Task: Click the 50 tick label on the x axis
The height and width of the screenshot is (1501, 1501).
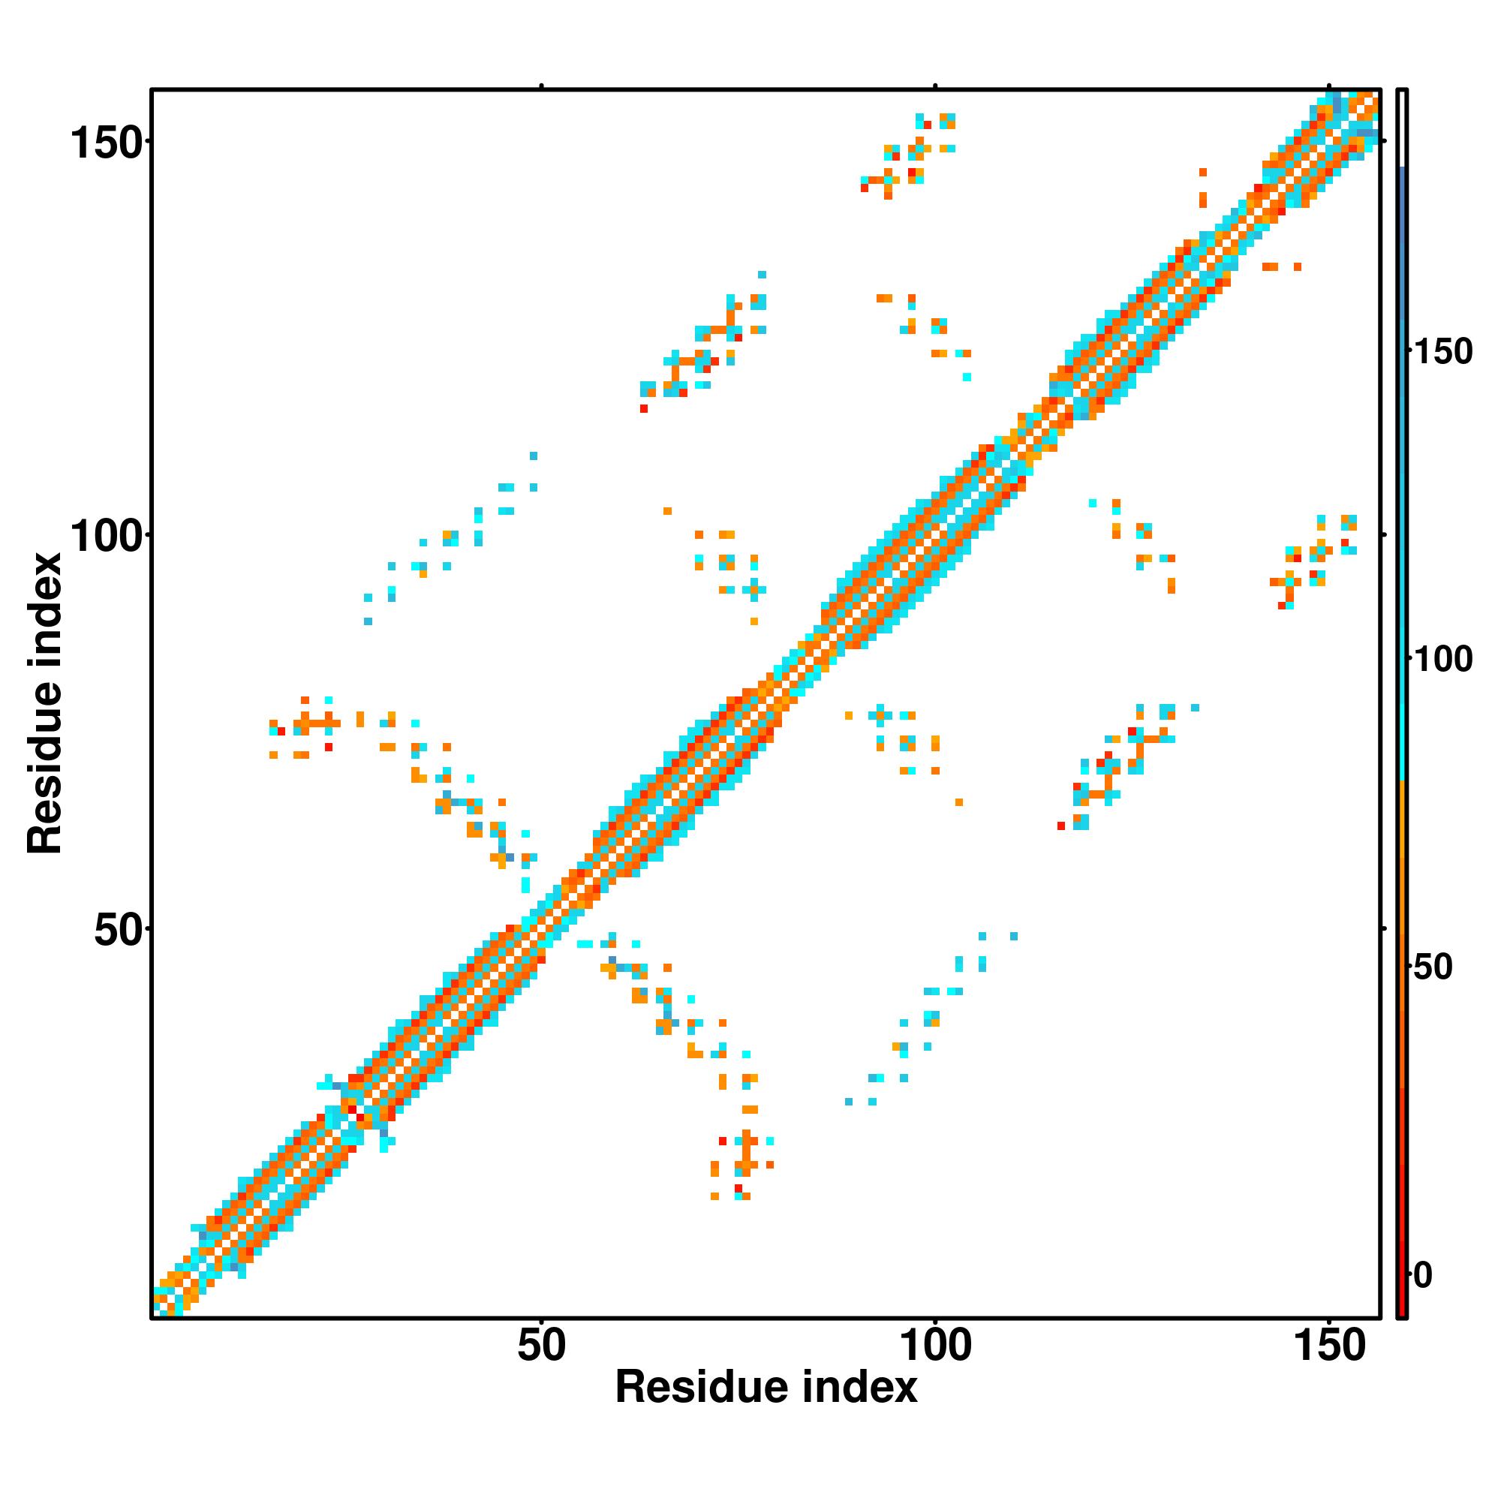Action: tap(542, 1346)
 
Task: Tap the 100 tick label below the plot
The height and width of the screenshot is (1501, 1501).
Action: tap(935, 1346)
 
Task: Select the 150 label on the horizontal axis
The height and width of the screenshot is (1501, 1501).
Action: tap(1328, 1346)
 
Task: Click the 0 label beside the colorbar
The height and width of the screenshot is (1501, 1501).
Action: tap(1423, 1275)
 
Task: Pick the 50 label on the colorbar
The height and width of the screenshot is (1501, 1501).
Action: tap(1433, 967)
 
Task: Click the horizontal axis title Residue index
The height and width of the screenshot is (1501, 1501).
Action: tap(766, 1388)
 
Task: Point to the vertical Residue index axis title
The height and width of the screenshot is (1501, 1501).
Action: tap(44, 703)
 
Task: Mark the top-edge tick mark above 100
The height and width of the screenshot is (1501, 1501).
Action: tap(935, 86)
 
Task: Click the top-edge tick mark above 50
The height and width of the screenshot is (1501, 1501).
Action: tap(542, 86)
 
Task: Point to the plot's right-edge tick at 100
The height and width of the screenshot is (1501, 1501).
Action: tap(1384, 535)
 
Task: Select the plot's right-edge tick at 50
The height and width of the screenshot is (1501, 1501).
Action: tap(1384, 928)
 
